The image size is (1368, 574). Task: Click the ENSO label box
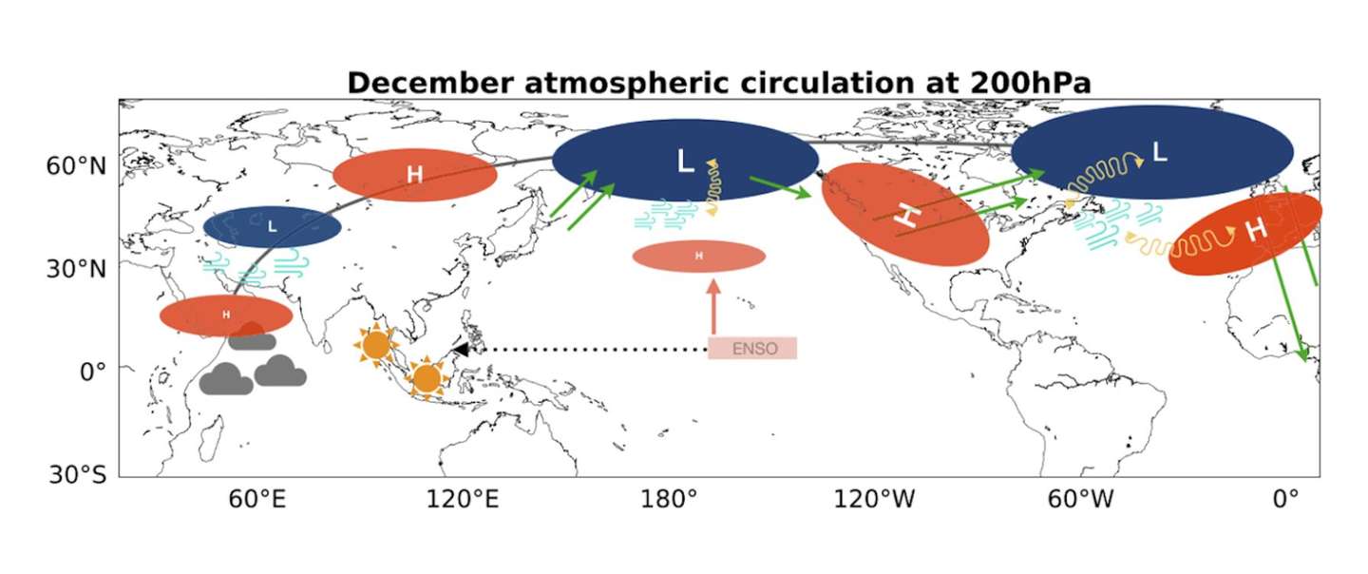tap(752, 348)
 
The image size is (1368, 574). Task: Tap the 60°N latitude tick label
tap(76, 165)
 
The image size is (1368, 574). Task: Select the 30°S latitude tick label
tap(77, 474)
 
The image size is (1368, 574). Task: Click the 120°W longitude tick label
tap(875, 500)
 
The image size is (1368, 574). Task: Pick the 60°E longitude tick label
tap(257, 500)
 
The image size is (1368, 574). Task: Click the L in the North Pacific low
tap(686, 162)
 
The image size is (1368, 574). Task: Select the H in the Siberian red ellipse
tap(414, 175)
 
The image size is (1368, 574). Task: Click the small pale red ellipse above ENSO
tap(698, 256)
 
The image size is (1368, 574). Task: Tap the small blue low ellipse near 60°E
tap(273, 226)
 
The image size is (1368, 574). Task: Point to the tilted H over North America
tap(909, 216)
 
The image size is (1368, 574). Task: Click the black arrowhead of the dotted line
tap(461, 350)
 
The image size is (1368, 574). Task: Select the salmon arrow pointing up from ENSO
tap(713, 307)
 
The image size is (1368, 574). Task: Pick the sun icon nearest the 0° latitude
tap(427, 378)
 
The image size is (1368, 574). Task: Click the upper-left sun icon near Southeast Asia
tap(375, 346)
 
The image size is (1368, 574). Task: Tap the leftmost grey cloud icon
tap(226, 379)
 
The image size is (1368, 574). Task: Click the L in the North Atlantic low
tap(1160, 152)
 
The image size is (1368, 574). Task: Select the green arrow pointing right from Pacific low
tap(780, 187)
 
